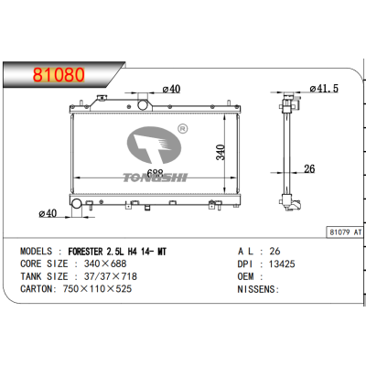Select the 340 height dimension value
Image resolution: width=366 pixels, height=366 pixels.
(220, 153)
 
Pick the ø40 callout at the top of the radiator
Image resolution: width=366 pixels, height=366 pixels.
(170, 89)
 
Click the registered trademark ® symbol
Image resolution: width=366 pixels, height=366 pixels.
(182, 130)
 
